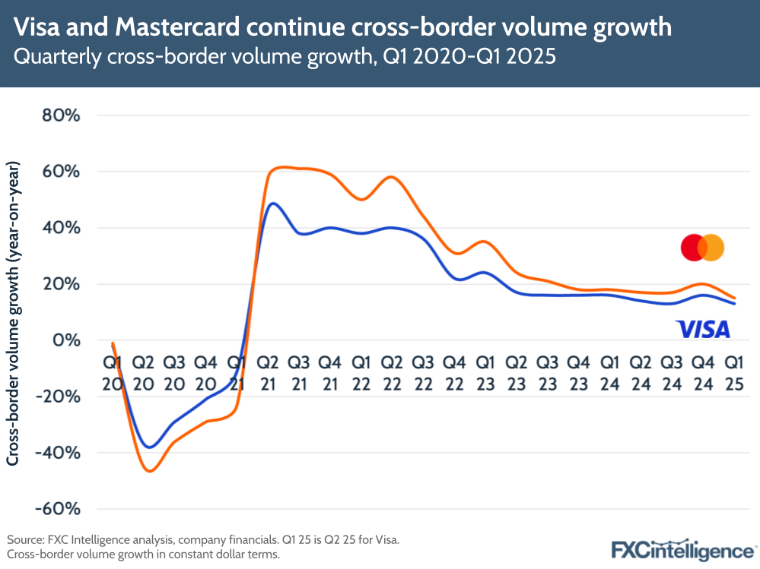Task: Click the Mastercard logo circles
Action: (x=702, y=248)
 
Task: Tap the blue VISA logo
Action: (x=702, y=329)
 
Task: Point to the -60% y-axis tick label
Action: (x=57, y=509)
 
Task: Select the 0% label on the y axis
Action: (x=65, y=340)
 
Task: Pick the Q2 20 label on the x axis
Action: (x=143, y=374)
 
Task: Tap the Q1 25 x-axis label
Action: (x=734, y=374)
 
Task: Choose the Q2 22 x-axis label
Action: (x=391, y=374)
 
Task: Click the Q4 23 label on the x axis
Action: (x=578, y=374)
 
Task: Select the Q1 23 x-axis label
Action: (x=484, y=374)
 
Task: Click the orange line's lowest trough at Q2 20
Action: (x=149, y=471)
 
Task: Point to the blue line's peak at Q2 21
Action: (x=273, y=204)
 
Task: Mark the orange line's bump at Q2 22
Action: (x=391, y=177)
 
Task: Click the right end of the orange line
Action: (x=734, y=299)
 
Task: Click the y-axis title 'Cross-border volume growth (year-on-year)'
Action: (x=14, y=313)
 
